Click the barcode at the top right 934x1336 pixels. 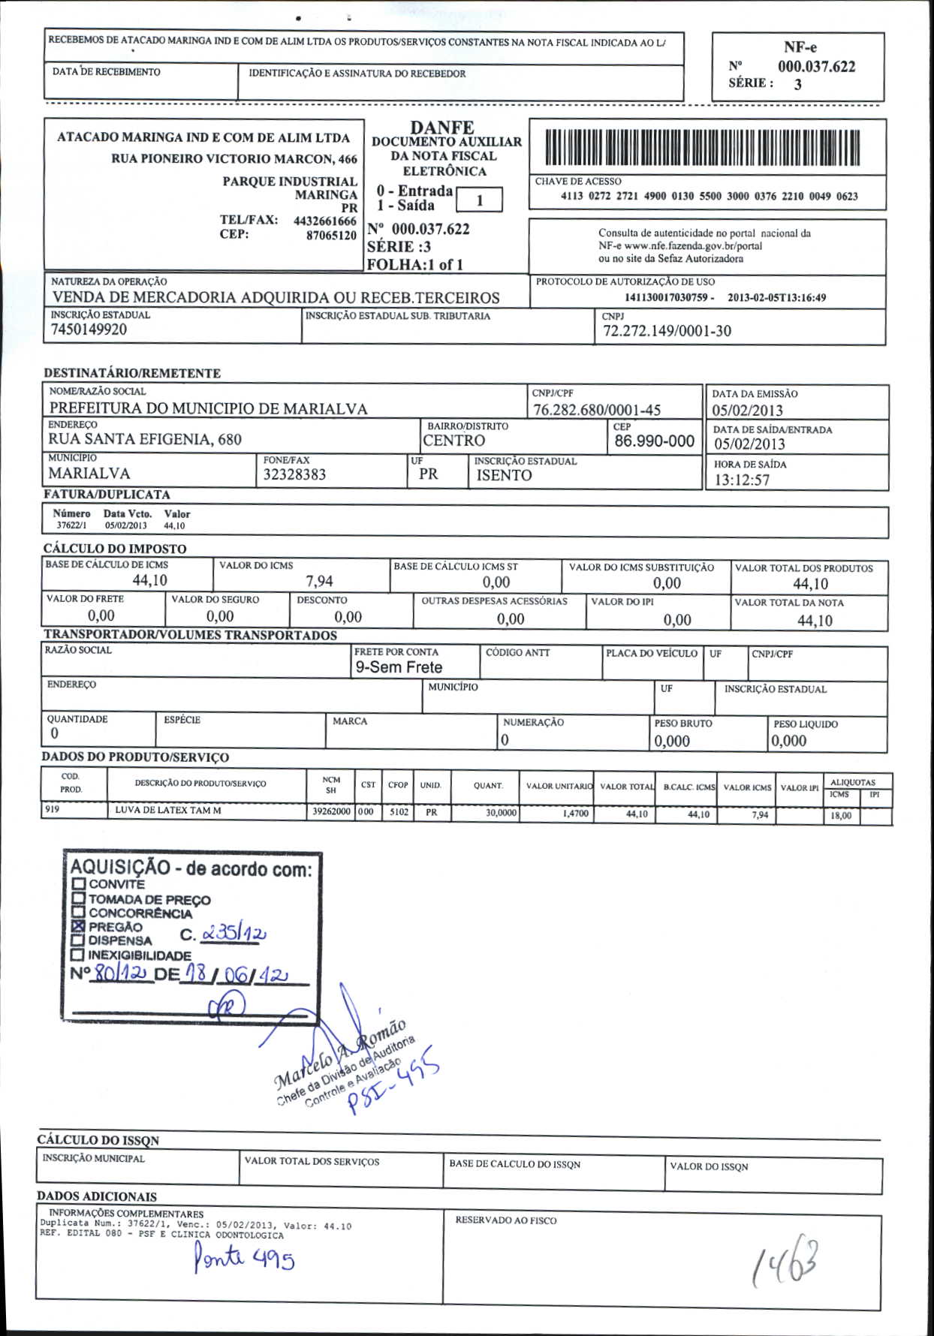pyautogui.click(x=701, y=147)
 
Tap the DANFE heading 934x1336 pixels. pyautogui.click(x=441, y=128)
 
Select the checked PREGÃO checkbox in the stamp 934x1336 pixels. pyautogui.click(x=79, y=927)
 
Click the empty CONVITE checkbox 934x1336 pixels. pyautogui.click(x=79, y=885)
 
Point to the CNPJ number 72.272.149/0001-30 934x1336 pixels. pyautogui.click(x=667, y=331)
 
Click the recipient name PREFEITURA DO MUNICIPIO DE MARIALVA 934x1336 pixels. pyautogui.click(x=209, y=408)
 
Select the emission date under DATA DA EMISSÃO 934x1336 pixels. pyautogui.click(x=747, y=410)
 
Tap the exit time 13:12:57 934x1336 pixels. pyautogui.click(x=742, y=480)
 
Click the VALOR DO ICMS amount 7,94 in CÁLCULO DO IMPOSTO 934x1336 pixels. pyautogui.click(x=319, y=581)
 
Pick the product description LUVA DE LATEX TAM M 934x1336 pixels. pyautogui.click(x=168, y=811)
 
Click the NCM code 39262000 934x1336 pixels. pyautogui.click(x=331, y=811)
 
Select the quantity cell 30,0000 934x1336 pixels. pyautogui.click(x=501, y=813)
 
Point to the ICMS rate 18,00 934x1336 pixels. pyautogui.click(x=841, y=816)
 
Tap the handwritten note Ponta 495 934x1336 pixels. pyautogui.click(x=244, y=1256)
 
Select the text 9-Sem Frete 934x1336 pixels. pyautogui.click(x=399, y=667)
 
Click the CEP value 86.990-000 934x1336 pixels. pyautogui.click(x=654, y=441)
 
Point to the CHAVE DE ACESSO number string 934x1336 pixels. pyautogui.click(x=709, y=197)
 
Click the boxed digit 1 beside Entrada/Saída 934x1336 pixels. pyautogui.click(x=479, y=200)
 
